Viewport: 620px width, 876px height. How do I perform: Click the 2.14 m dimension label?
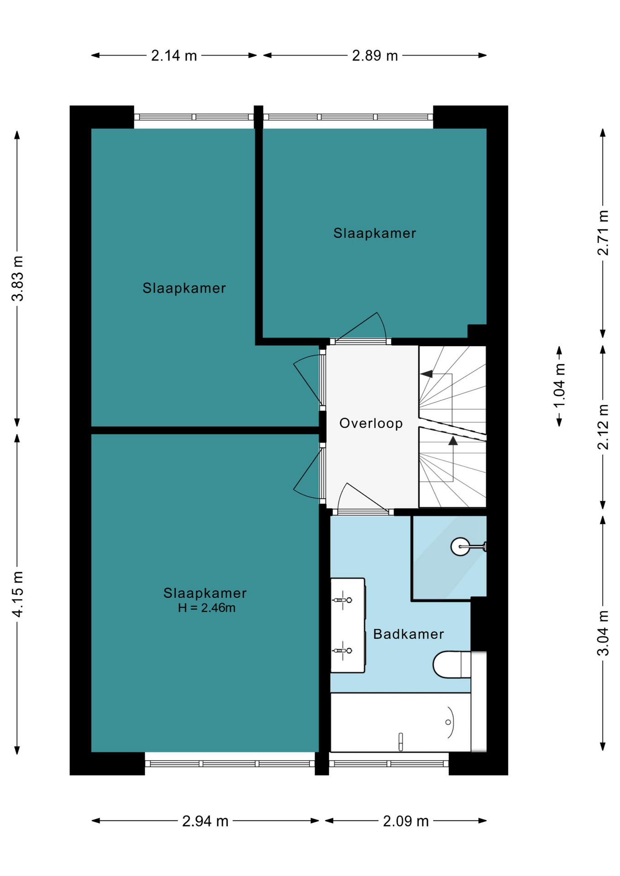click(x=174, y=56)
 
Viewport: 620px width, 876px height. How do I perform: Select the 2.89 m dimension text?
click(x=375, y=56)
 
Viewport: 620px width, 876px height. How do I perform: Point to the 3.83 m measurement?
click(x=17, y=278)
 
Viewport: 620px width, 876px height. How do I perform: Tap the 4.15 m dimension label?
click(x=17, y=594)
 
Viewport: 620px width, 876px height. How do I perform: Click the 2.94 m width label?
click(x=205, y=821)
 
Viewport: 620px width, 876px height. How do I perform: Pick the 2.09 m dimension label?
click(x=406, y=821)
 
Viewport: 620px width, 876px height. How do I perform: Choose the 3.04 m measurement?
click(x=603, y=633)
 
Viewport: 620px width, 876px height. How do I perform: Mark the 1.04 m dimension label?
click(x=559, y=386)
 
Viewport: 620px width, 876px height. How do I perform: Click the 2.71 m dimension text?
click(x=603, y=233)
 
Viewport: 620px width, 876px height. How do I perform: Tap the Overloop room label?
click(x=371, y=423)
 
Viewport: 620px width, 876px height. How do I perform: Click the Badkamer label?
click(x=409, y=634)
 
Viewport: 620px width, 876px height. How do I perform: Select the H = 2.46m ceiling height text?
click(x=207, y=608)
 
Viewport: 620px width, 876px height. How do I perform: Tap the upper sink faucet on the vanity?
click(x=342, y=600)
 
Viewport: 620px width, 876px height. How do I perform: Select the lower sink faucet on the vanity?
click(x=342, y=651)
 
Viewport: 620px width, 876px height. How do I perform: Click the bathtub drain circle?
click(x=448, y=722)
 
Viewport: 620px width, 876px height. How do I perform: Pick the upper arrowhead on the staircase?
click(x=426, y=374)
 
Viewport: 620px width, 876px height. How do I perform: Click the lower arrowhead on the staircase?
click(x=453, y=441)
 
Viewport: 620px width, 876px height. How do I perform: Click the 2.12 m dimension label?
click(x=603, y=427)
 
